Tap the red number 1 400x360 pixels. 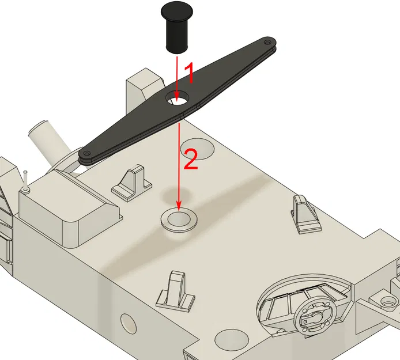[x=187, y=75]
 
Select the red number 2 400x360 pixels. [x=190, y=158]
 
